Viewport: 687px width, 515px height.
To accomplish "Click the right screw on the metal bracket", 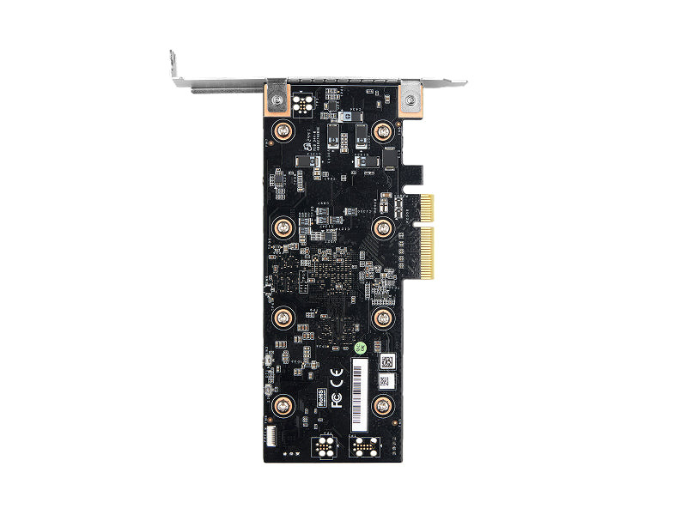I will coord(410,100).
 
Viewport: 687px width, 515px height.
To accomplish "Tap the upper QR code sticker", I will coord(386,360).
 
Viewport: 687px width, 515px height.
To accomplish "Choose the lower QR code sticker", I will coord(383,380).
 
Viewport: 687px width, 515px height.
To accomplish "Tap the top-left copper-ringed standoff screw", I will coord(283,131).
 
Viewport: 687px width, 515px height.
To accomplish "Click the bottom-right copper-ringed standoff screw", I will coord(382,405).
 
